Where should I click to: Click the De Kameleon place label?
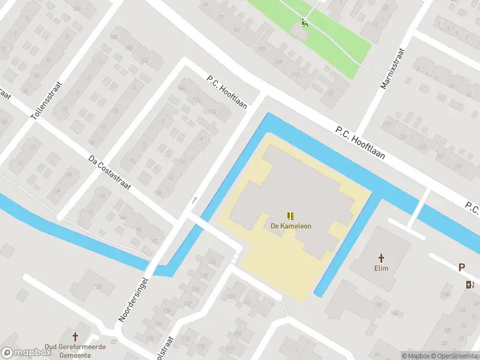point(290,226)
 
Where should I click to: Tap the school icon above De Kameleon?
point(290,216)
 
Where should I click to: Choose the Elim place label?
point(381,268)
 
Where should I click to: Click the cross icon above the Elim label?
point(381,257)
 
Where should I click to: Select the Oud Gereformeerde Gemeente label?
point(75,351)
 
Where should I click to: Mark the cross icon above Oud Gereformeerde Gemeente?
point(76,337)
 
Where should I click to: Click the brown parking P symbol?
point(461,268)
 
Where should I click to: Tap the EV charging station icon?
point(469,284)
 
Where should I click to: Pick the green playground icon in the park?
point(304,24)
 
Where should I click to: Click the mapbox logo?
point(26,353)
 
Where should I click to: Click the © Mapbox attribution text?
point(415,356)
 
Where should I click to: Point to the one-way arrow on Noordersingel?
point(194,200)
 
